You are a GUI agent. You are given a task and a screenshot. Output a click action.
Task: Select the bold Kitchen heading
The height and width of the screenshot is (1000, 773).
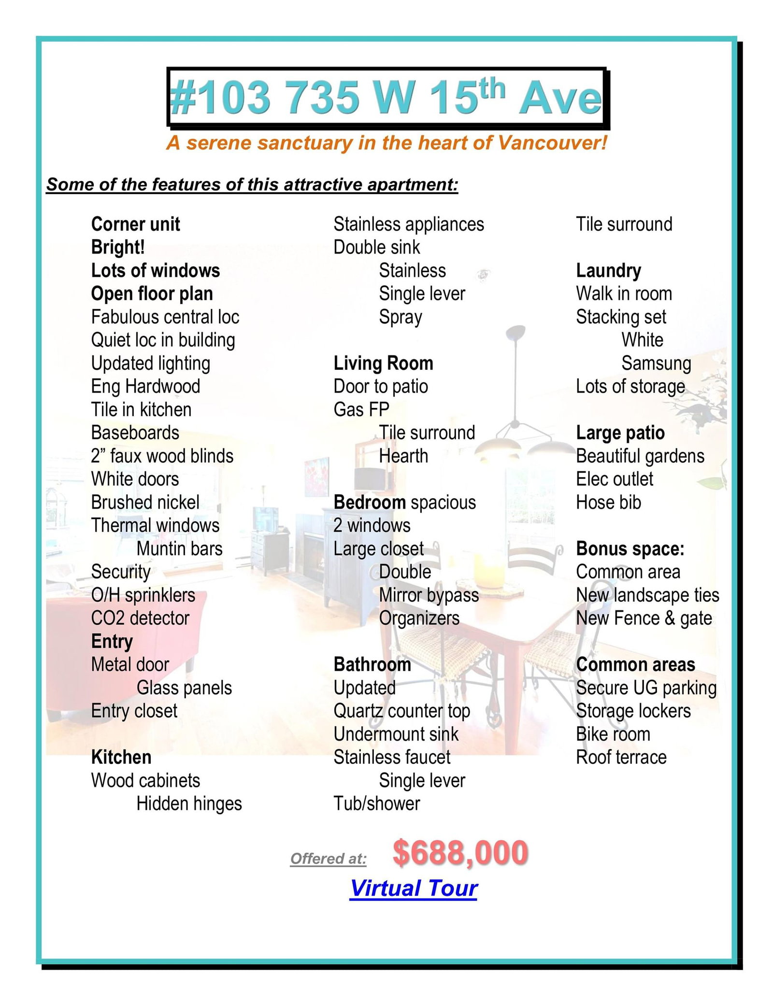click(x=121, y=757)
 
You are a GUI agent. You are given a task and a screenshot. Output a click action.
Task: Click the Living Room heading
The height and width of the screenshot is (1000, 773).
click(x=383, y=363)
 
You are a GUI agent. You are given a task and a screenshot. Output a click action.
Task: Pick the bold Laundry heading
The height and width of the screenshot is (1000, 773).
click(x=608, y=270)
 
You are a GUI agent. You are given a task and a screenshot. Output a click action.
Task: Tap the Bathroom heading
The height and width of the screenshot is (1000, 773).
click(x=372, y=664)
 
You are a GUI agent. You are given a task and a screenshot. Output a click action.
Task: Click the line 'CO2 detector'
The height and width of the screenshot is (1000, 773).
click(x=140, y=618)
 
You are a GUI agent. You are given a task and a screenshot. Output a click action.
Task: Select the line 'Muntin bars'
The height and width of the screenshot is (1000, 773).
click(x=179, y=549)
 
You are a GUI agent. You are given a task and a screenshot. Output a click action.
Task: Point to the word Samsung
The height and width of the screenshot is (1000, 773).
click(x=656, y=363)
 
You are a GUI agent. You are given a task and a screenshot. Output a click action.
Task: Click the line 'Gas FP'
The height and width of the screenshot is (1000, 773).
click(x=361, y=409)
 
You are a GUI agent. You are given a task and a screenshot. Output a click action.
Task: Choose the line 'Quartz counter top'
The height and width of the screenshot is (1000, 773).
click(x=401, y=711)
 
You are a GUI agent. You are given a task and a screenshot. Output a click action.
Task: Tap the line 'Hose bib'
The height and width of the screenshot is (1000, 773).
click(x=608, y=502)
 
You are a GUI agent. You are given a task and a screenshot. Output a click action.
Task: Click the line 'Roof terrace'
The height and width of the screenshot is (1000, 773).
click(x=621, y=757)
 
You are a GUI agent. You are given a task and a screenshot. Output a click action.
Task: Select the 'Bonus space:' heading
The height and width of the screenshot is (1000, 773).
click(x=630, y=549)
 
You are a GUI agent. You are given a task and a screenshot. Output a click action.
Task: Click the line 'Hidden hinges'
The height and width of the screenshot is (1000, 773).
click(x=189, y=803)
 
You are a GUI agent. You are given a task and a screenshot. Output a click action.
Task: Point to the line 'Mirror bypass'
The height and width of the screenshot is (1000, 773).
click(x=429, y=595)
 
